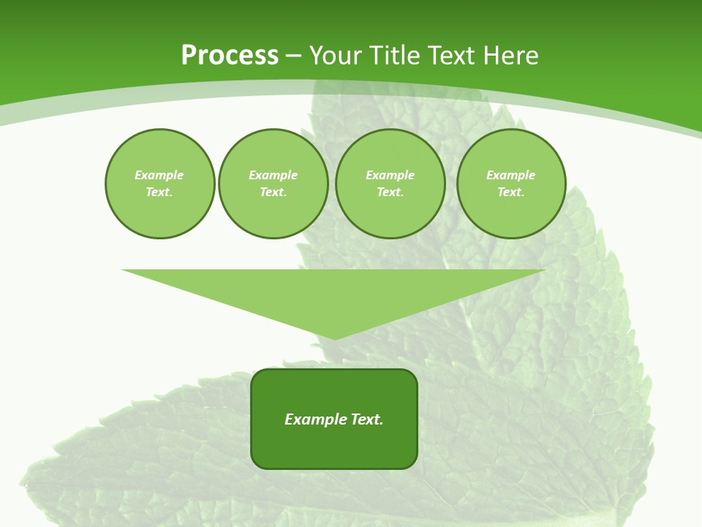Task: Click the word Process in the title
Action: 230,56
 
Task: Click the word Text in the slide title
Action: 450,56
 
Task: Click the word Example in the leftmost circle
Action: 159,175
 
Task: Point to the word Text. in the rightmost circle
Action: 511,192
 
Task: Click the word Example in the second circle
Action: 273,175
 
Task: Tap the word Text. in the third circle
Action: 390,192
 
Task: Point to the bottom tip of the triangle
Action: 335,337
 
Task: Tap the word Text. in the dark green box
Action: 367,419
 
